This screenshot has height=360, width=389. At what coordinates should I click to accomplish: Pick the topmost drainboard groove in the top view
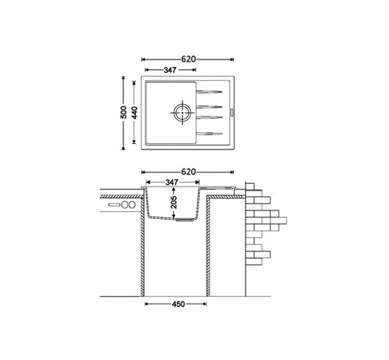click(209, 92)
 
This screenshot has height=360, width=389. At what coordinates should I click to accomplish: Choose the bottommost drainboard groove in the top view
click(209, 133)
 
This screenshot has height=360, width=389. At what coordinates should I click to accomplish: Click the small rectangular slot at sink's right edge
click(231, 111)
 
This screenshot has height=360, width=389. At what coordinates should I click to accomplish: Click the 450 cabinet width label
click(177, 305)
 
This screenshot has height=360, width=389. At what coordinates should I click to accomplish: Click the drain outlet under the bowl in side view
click(184, 219)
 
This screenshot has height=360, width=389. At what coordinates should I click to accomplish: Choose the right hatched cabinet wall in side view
click(208, 251)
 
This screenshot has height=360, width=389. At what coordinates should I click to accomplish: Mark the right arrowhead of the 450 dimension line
click(205, 304)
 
